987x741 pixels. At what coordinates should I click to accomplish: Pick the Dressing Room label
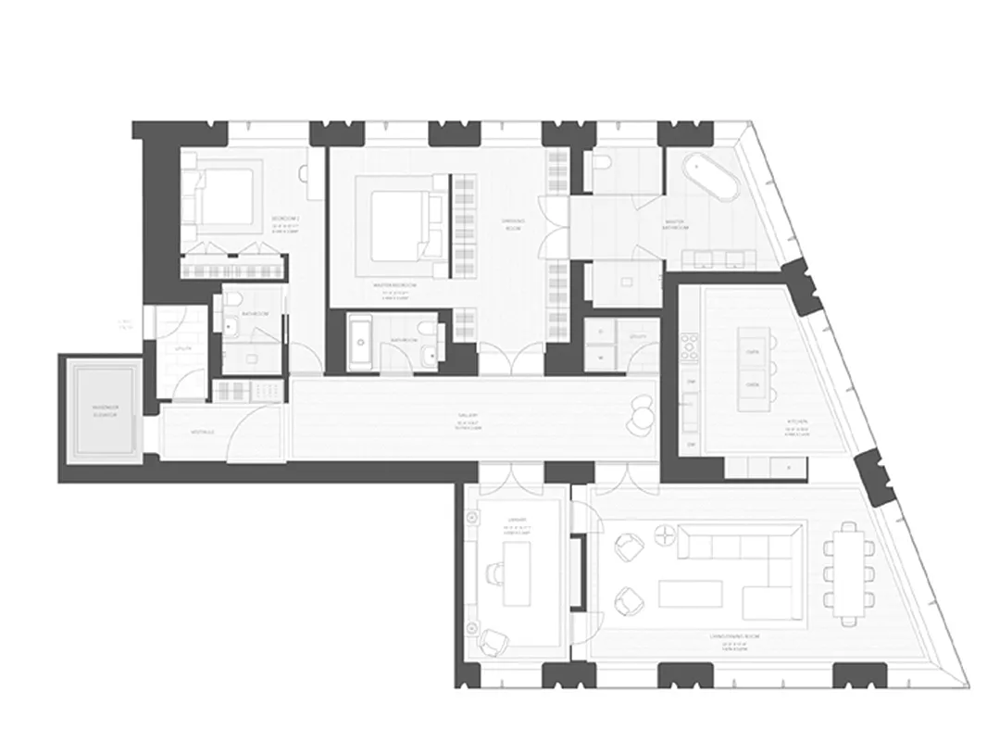coord(513,222)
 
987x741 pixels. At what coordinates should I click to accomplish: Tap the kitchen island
coord(752,367)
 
